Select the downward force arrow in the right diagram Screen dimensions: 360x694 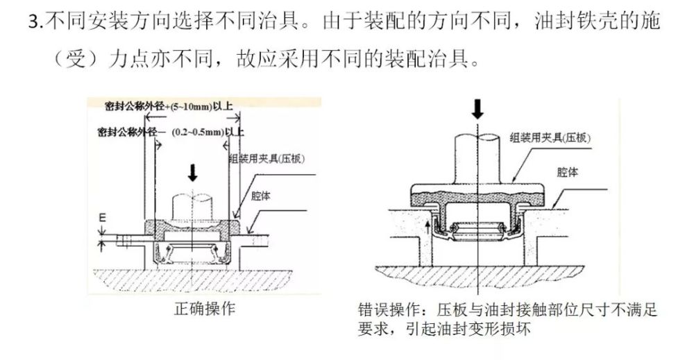pos(478,110)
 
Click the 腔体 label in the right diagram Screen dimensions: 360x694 pos(568,171)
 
